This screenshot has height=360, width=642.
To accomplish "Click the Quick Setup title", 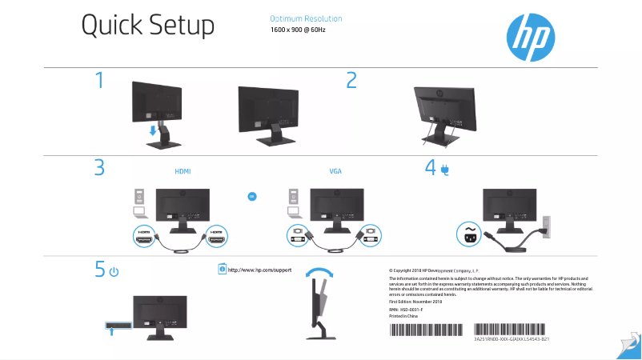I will coord(147,26).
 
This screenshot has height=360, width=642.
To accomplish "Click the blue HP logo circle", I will coord(530,35).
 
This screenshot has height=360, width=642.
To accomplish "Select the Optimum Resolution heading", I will coord(306,18).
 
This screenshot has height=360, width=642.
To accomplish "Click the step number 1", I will coord(99,80).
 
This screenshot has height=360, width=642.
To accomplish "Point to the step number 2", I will coord(351,80).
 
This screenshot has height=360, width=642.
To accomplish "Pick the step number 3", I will coord(99,168).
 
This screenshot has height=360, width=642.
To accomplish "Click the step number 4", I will coord(431,168).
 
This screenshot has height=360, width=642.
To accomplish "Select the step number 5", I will coord(99,270).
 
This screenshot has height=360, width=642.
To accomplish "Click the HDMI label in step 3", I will coord(183,171).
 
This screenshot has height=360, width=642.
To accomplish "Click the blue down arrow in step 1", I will coord(153,128).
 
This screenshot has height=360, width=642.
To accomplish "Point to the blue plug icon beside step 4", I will coord(444,169).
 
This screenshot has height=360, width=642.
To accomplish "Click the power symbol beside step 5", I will coord(114,272).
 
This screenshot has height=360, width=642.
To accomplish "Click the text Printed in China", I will coord(403,316).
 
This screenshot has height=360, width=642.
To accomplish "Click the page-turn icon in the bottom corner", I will coord(628,344).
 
